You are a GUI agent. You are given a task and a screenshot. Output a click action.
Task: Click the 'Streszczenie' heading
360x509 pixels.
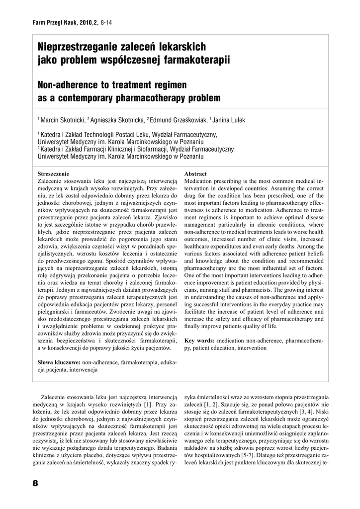pyautogui.click(x=54, y=174)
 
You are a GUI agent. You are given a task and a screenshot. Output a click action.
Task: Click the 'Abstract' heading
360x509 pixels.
pyautogui.click(x=195, y=174)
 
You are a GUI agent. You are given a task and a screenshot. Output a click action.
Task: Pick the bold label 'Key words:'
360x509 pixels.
pyautogui.click(x=199, y=341)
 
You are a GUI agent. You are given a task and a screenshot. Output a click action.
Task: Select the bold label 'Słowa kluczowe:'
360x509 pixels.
pyautogui.click(x=60, y=362)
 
